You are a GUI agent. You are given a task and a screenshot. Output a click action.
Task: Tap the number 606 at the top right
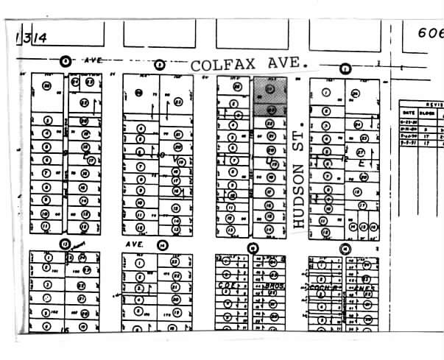click(x=431, y=33)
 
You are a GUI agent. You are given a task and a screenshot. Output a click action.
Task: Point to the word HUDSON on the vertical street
click(x=298, y=194)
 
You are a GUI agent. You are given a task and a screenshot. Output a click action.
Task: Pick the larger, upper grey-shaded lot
click(x=270, y=91)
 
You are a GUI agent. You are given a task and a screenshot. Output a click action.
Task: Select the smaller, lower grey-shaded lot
click(x=270, y=109)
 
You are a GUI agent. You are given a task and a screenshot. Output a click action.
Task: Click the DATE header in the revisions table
click(x=407, y=114)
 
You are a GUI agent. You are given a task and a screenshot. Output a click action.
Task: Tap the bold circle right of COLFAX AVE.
click(x=344, y=68)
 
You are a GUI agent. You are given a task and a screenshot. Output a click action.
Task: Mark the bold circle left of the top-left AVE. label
click(x=66, y=60)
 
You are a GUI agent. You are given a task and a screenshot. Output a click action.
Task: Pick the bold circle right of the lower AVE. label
click(x=162, y=245)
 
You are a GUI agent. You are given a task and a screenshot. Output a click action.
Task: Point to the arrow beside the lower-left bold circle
click(x=79, y=242)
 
